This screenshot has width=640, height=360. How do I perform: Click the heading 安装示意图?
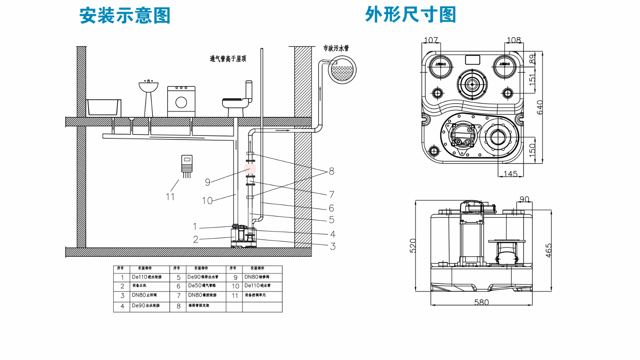tap(125, 16)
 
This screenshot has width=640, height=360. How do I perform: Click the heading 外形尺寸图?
tap(410, 14)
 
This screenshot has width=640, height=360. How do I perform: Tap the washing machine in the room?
tap(181, 101)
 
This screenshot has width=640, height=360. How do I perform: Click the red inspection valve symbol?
tap(251, 169)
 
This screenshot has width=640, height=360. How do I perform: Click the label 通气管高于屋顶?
tap(234, 58)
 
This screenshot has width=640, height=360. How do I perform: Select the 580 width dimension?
tap(481, 302)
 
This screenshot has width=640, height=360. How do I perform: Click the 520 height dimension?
tap(413, 246)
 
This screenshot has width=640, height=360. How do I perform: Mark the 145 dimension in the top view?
tap(510, 174)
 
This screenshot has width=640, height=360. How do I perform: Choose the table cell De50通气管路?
tap(205, 286)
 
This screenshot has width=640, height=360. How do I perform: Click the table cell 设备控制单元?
tap(261, 295)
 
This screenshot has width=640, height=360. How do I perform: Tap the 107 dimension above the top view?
tap(431, 40)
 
